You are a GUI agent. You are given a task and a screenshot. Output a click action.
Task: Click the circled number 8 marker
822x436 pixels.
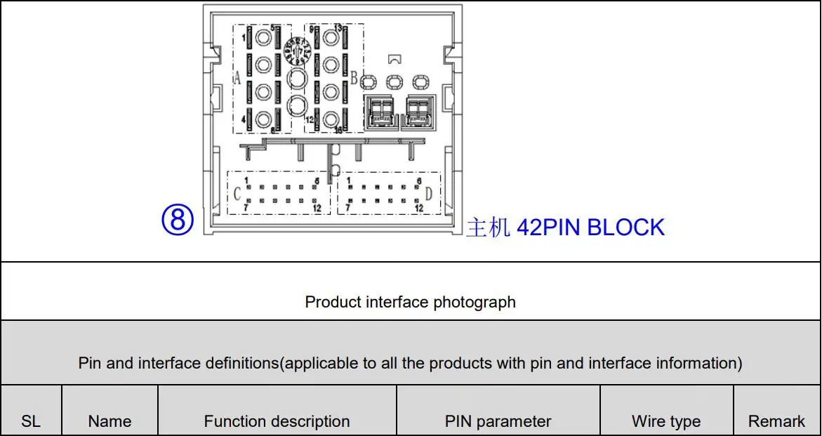point(178,220)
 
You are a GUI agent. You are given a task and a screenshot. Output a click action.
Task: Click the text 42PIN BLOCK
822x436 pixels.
point(590,227)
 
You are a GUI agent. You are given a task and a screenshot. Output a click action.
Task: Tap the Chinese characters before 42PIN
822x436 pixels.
point(488,228)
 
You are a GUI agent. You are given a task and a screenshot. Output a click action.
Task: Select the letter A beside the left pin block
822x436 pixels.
point(237,79)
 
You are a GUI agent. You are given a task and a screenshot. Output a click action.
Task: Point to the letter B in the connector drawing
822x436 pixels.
point(354,77)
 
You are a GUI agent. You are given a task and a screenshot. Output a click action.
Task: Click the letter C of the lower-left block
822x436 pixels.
point(237,194)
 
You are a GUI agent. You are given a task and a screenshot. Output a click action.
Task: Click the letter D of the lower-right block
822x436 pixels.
point(428,193)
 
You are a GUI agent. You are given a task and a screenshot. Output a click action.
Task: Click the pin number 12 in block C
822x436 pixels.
point(317,208)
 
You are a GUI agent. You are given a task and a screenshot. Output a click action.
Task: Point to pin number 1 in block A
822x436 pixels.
point(244,37)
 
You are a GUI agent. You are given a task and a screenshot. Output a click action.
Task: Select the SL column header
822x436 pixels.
point(31,421)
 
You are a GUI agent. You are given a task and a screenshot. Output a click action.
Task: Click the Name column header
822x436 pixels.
point(110,421)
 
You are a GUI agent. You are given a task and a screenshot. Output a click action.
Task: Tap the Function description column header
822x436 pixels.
point(277,421)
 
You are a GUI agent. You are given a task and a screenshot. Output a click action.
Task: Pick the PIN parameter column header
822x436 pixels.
point(498,421)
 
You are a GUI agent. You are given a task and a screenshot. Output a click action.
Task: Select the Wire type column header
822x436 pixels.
point(666,421)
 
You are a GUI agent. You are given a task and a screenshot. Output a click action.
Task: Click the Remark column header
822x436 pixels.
point(776,421)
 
